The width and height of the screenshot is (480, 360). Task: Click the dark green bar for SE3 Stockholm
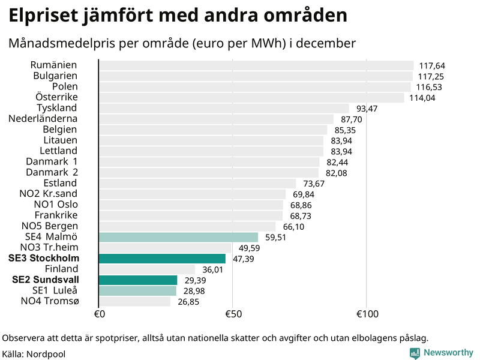coord(162,259)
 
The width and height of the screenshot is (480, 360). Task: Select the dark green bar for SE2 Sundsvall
coord(138,280)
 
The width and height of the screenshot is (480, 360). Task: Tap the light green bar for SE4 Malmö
coord(178,237)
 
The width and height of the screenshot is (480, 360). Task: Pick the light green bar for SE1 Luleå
coord(137,291)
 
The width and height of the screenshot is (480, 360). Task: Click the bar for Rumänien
coord(256,65)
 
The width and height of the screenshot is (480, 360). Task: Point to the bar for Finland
coord(147,269)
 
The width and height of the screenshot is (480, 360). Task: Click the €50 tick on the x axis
coord(232,314)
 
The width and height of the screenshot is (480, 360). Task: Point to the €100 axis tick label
coord(367,314)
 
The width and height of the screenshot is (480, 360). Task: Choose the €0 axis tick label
coord(100,314)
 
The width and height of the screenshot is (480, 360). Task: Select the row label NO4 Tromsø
coord(49,301)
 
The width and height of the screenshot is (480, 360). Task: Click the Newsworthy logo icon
coord(415,353)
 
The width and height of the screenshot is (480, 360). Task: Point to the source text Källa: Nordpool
coord(34,353)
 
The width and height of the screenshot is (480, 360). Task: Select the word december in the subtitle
coord(329,43)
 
